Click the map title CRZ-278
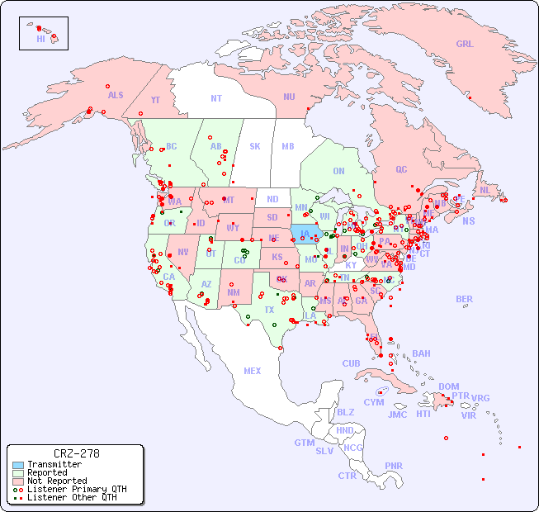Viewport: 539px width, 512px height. coord(76,453)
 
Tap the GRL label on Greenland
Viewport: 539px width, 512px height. coord(465,44)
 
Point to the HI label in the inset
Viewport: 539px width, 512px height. coord(40,39)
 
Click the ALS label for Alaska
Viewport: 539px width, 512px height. coord(116,95)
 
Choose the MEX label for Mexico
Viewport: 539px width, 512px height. coord(253,371)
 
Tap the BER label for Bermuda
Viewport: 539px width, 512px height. coord(464,299)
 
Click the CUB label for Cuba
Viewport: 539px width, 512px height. coord(352,363)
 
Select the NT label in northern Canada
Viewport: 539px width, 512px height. coord(216,97)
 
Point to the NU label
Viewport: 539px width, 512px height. coord(289,97)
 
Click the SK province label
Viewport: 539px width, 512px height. coord(255,146)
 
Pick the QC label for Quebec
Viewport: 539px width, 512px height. coord(401,169)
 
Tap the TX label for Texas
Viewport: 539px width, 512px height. coord(269,310)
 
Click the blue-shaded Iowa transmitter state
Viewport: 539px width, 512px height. coord(305,233)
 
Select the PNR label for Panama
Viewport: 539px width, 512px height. coord(394,466)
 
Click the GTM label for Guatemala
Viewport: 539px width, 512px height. coord(304,443)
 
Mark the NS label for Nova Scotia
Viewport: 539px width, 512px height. coord(469,220)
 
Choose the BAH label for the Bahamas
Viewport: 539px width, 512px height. coord(421,353)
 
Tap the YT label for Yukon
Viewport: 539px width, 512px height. coord(155,100)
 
